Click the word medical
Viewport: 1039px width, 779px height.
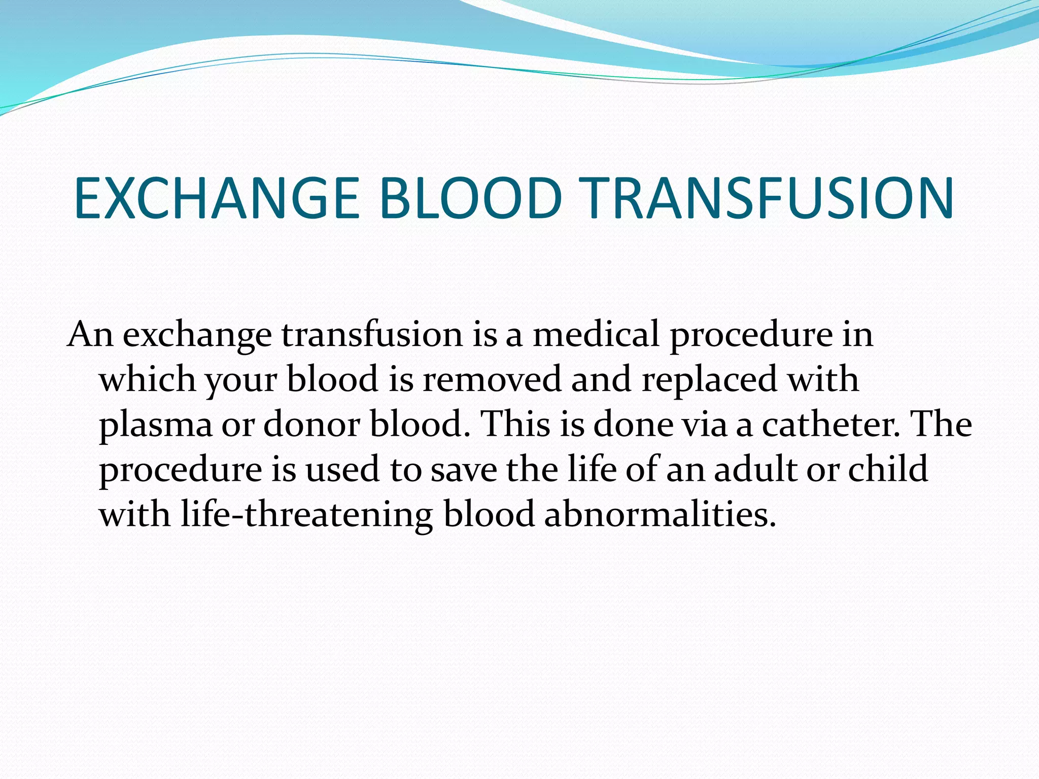tap(596, 335)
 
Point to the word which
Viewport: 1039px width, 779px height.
tap(147, 379)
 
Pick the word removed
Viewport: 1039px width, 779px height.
tap(492, 379)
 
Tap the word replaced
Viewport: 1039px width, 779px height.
tap(709, 379)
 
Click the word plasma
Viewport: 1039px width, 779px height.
tap(155, 425)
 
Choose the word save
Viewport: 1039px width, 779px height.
tap(464, 470)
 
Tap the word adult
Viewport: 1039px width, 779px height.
tap(755, 469)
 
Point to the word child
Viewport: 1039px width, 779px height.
tap(888, 469)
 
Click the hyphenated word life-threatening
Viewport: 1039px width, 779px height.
tap(306, 514)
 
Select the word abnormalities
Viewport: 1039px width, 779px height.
tap(660, 514)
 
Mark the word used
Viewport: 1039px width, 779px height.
tap(342, 470)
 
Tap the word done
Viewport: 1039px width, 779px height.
tap(632, 424)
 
